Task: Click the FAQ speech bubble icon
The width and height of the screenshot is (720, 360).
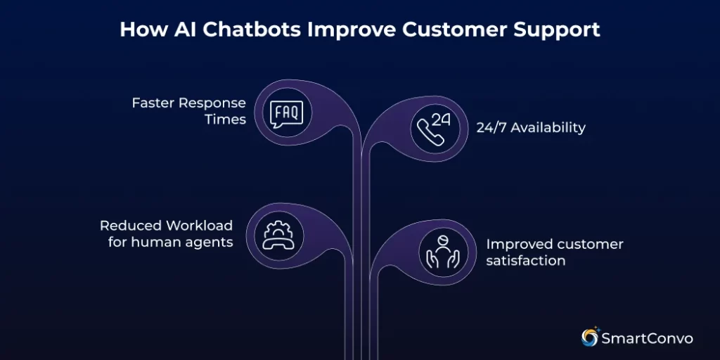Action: (287, 112)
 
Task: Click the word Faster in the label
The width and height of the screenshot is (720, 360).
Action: (153, 103)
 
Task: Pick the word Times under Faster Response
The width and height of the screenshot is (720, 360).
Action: (225, 120)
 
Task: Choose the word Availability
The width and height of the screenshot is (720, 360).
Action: (549, 128)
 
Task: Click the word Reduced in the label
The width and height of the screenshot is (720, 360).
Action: (130, 226)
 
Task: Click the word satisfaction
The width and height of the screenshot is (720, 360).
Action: (526, 261)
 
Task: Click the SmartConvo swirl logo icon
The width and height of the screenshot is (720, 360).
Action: (589, 338)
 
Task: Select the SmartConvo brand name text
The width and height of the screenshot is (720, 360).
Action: (648, 339)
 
